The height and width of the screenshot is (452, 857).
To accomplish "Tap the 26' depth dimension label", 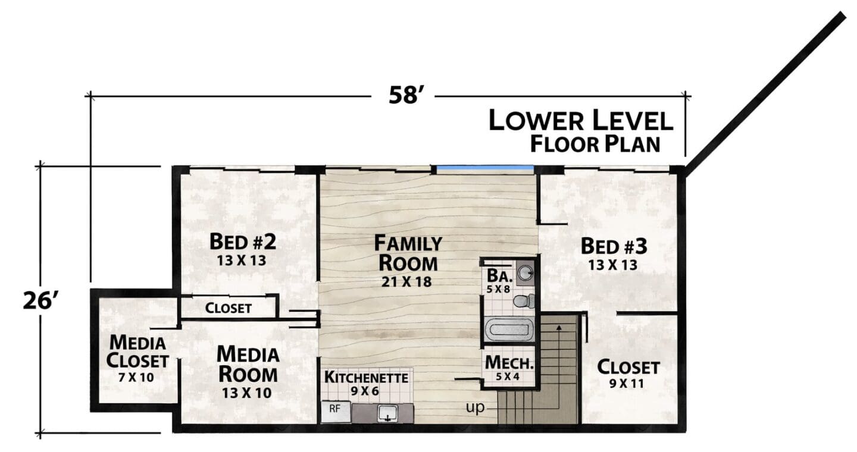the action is (x=40, y=300).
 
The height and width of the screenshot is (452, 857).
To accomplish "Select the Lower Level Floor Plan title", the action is (x=581, y=131).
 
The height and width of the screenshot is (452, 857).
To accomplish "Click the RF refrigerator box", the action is (x=336, y=412).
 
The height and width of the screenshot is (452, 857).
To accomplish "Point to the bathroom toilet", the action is (x=524, y=302).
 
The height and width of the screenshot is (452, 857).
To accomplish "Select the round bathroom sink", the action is (x=526, y=272).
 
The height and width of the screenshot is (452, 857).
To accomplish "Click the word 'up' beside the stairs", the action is (x=475, y=407).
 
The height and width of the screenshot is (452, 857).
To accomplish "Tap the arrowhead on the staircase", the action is (x=559, y=328).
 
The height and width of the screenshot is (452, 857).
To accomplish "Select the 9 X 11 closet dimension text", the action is (x=627, y=384).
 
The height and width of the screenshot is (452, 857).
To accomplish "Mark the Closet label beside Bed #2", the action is (x=229, y=308).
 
